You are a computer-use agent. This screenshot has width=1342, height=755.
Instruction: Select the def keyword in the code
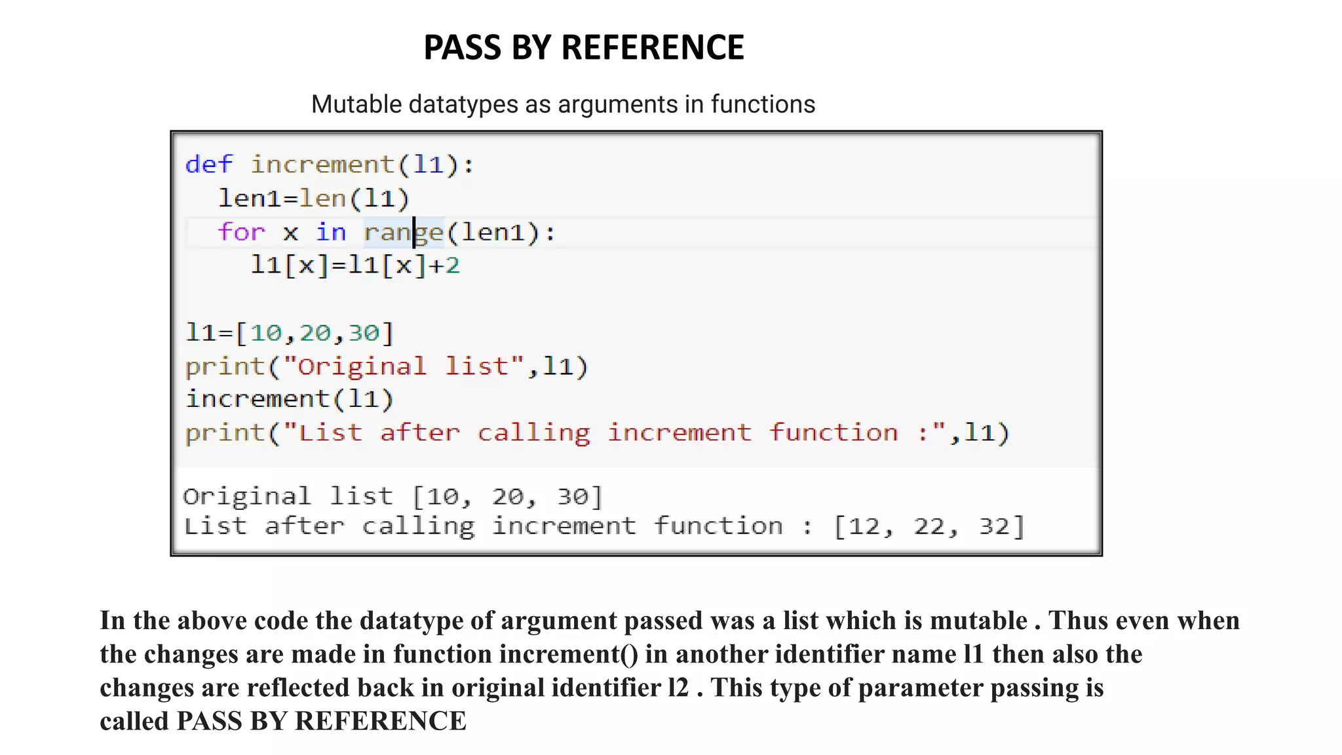pos(208,164)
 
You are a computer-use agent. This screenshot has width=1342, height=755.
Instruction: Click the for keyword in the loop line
pos(241,232)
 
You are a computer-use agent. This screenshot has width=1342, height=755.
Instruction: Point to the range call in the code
pos(403,232)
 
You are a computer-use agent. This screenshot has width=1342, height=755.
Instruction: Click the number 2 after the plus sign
pos(453,265)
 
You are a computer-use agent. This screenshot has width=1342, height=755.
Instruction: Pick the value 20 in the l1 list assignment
pos(315,333)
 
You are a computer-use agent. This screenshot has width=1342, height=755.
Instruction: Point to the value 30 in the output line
pos(573,497)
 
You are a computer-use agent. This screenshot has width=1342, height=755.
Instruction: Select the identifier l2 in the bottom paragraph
pos(678,687)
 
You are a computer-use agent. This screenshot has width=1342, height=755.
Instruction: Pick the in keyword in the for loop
pos(331,232)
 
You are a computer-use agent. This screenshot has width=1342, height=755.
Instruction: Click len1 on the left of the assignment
pos(250,198)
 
